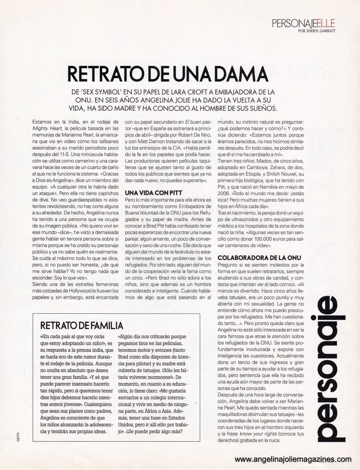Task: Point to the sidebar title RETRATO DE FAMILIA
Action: click(82, 325)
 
